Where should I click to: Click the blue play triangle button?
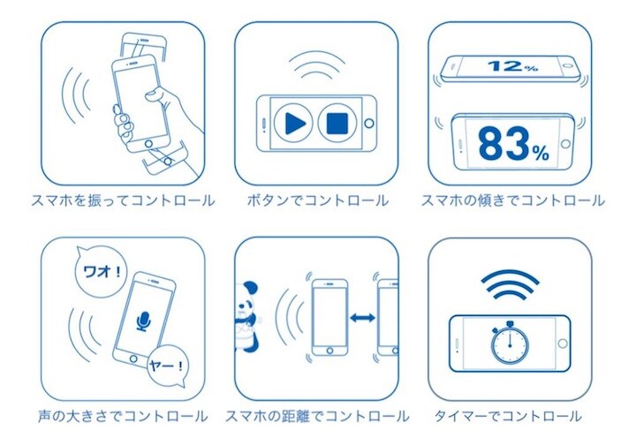[x=295, y=124]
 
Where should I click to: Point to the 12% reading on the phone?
[x=512, y=65]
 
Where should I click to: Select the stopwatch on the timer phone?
[x=510, y=342]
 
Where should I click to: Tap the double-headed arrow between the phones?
[x=363, y=318]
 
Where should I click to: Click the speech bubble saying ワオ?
[x=101, y=271]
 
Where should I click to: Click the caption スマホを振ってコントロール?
[x=123, y=200]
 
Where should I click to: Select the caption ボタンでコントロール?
[x=317, y=200]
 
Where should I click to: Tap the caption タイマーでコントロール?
[x=508, y=416]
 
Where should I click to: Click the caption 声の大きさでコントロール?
[x=123, y=416]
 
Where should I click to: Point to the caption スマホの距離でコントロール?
[x=317, y=416]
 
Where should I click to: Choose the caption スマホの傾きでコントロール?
[x=512, y=200]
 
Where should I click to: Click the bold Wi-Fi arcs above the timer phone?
[x=510, y=283]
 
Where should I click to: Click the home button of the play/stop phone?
[x=369, y=124]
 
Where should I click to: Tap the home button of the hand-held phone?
[x=149, y=144]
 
